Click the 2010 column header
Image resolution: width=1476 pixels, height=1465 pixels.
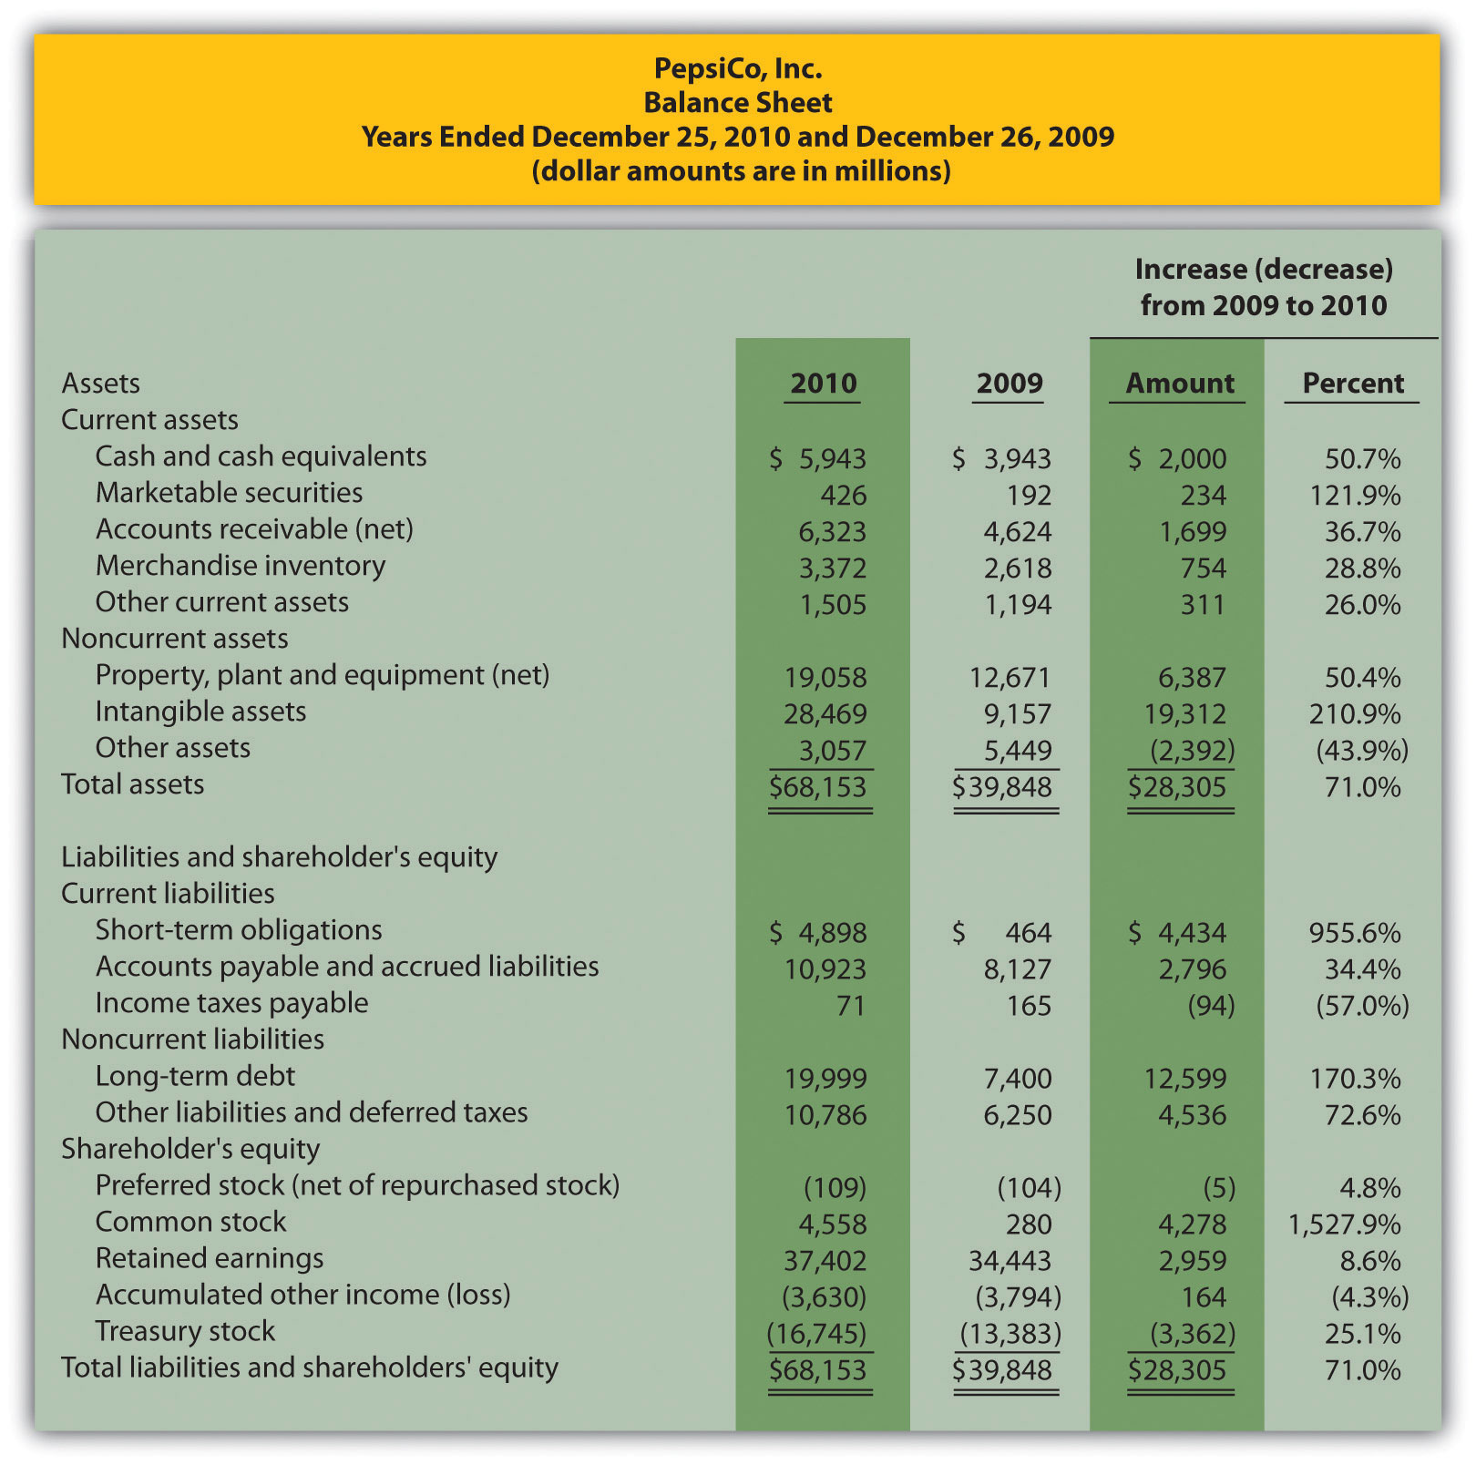823,384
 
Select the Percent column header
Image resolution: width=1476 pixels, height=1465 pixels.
1352,384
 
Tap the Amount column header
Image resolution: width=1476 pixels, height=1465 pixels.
1179,384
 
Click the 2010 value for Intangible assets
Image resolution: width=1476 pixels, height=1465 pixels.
825,713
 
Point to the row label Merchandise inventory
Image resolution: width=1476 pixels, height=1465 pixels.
240,566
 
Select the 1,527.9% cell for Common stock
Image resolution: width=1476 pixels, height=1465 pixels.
1344,1224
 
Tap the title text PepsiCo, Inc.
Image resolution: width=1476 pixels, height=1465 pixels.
737,68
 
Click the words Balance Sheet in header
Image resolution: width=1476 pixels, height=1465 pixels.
737,103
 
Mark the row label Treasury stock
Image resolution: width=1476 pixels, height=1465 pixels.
184,1331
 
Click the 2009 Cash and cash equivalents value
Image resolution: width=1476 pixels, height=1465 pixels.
1001,458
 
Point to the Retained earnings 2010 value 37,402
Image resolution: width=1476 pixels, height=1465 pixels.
825,1260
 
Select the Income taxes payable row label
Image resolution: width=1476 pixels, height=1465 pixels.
231,1003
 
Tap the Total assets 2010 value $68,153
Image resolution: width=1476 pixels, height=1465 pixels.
817,786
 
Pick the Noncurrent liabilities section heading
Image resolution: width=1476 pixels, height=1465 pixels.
192,1040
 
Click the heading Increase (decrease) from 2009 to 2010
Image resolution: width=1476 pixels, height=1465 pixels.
1263,287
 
